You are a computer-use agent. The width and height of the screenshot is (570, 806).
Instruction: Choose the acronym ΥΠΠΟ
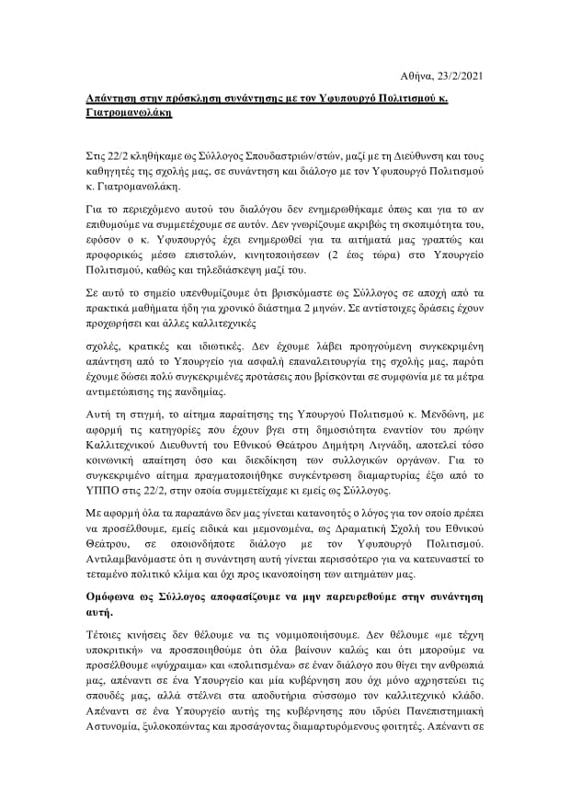(91, 493)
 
